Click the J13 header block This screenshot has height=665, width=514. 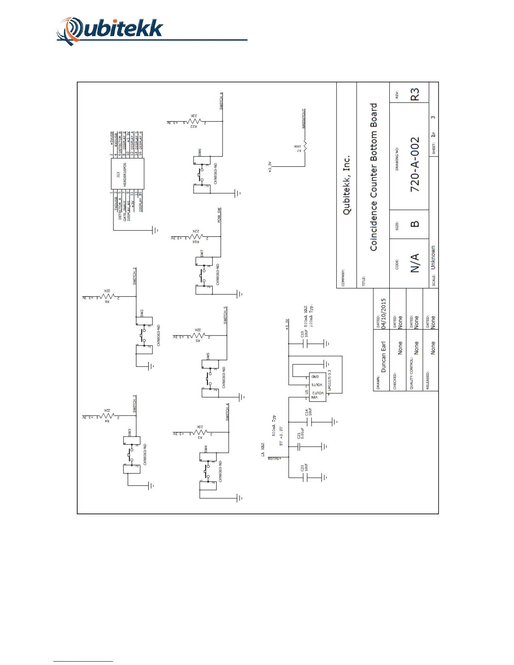(127, 173)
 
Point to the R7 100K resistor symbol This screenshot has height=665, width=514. (305, 147)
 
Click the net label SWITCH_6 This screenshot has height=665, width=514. (221, 101)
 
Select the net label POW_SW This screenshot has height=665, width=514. (219, 215)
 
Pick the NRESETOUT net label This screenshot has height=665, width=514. (304, 119)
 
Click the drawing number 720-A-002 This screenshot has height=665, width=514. (415, 165)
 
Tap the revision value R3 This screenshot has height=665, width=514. (415, 94)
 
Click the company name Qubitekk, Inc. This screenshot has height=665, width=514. (347, 185)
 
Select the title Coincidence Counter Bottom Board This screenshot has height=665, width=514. (373, 177)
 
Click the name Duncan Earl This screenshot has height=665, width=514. (383, 356)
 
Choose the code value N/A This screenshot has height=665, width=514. (415, 263)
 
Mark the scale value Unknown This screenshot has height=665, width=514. (433, 257)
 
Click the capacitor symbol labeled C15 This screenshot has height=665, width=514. (306, 343)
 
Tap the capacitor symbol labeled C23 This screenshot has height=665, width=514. (306, 477)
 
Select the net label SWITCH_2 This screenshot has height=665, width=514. (135, 276)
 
